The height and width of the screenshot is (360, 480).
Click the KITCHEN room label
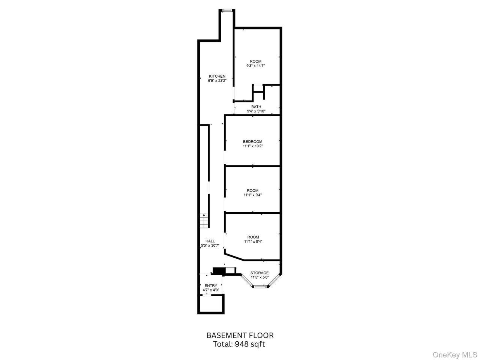[217, 76]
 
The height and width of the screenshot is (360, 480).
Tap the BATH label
[256, 107]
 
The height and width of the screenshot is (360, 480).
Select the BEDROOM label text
[253, 142]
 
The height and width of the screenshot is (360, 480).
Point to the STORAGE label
[259, 273]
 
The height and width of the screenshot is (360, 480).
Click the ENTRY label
[211, 286]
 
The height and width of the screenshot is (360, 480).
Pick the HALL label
[210, 241]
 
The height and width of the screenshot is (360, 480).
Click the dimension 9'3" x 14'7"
[256, 66]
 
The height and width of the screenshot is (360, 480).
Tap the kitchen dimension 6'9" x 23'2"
[217, 81]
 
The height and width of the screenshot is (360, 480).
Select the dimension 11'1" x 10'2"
[253, 146]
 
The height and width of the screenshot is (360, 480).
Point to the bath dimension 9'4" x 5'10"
[256, 111]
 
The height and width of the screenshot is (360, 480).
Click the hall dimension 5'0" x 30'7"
[210, 246]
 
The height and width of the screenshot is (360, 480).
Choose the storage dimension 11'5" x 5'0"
[259, 277]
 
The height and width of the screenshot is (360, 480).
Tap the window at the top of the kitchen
[227, 10]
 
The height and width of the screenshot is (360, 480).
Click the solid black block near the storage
[219, 271]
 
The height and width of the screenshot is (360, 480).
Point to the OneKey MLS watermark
[455, 354]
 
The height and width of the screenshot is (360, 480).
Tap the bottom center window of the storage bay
[260, 286]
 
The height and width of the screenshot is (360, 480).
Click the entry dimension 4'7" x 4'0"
[211, 290]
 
